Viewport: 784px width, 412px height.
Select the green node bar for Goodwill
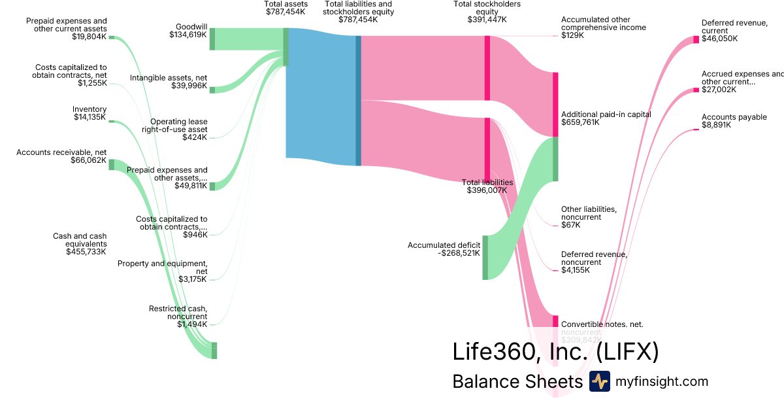(x=212, y=39)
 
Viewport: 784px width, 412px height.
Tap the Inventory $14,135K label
(x=90, y=113)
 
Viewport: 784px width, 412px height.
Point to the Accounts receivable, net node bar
(x=111, y=164)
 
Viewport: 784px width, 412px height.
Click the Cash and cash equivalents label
(x=80, y=243)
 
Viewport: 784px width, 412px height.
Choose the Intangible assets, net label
(x=169, y=82)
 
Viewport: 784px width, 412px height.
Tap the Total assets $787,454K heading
(x=285, y=8)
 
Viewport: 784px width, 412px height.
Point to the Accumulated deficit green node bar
(x=485, y=257)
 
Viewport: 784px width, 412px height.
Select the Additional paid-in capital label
(x=606, y=118)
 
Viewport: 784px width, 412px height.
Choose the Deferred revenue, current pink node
(x=696, y=39)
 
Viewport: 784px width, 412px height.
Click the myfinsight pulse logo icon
(x=599, y=381)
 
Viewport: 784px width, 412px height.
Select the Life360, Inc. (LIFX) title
(x=555, y=352)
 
